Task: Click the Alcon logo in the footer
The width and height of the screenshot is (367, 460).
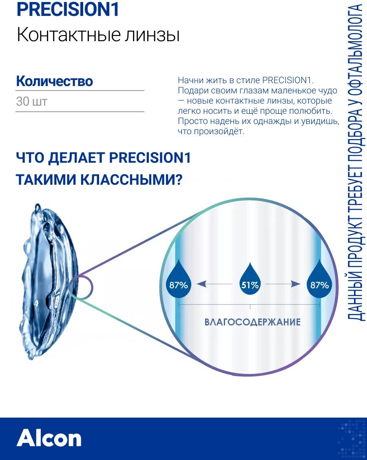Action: [49, 438]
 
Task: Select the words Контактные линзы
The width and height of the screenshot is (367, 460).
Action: [98, 35]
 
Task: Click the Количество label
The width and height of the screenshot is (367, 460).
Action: [55, 81]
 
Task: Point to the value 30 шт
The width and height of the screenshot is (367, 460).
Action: [31, 101]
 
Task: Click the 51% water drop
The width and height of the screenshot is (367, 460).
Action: [250, 282]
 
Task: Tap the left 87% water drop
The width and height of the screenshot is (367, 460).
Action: [179, 282]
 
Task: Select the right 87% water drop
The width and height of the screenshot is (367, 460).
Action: [319, 282]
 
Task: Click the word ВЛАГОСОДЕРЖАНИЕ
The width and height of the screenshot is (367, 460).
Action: [252, 322]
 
